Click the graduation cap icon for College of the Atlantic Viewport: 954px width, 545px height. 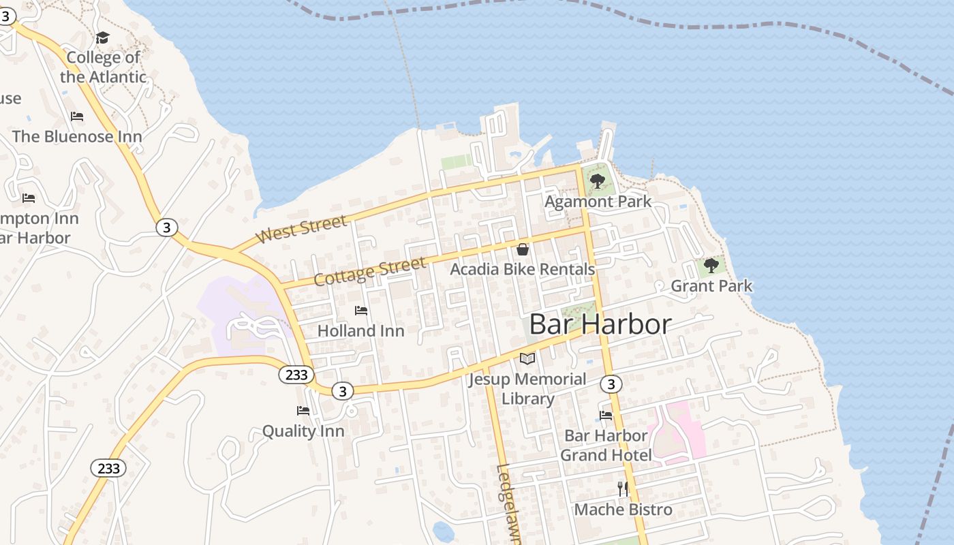[102, 37]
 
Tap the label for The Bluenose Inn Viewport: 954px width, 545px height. [77, 136]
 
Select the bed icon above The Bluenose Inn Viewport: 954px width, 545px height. [77, 116]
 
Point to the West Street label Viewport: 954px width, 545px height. [301, 230]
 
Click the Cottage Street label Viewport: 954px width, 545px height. [369, 271]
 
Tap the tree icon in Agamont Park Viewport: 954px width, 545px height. [598, 181]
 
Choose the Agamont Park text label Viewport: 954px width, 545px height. [598, 202]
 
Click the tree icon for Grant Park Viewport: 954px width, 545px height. [711, 266]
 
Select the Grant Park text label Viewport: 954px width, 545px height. [711, 286]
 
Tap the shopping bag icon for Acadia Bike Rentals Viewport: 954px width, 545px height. [523, 249]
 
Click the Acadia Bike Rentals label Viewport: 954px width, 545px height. [523, 270]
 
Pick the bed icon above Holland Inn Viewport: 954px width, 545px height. [361, 311]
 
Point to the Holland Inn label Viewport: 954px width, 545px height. [361, 331]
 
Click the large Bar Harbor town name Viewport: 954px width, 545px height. [600, 324]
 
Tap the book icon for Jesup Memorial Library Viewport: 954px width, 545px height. [527, 358]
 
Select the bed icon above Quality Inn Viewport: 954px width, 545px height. [303, 411]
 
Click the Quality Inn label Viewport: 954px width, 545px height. [303, 431]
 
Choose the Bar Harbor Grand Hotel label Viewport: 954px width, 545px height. [606, 445]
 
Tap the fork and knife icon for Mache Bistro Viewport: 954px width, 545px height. [622, 488]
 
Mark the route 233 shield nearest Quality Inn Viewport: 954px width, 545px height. [296, 374]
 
